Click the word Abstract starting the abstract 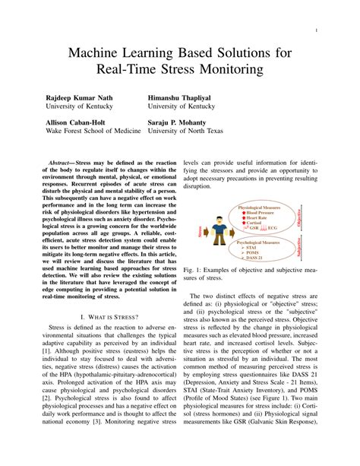pyautogui.click(x=59, y=163)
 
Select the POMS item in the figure pyautogui.click(x=255, y=253)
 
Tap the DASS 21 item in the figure pyautogui.click(x=257, y=259)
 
